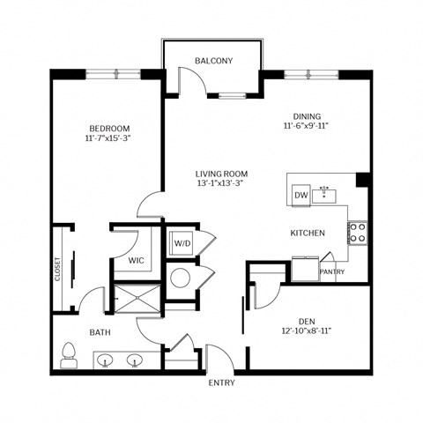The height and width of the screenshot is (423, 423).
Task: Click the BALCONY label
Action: coord(213,61)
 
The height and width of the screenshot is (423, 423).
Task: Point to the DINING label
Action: coord(307,116)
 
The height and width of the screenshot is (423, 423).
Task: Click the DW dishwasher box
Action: coord(301,195)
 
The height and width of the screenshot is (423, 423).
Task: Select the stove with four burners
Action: coord(358,232)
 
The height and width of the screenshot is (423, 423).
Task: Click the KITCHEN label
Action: coord(308,233)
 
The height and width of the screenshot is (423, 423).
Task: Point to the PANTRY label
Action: coord(332,271)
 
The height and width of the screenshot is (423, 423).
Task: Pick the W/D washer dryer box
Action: coord(182,242)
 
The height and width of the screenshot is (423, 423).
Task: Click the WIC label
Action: coord(136,261)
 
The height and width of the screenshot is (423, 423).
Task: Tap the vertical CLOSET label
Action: coord(58,270)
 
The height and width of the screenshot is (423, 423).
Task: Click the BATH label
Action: coord(99,333)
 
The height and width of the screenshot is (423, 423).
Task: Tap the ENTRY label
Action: coord(221,384)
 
